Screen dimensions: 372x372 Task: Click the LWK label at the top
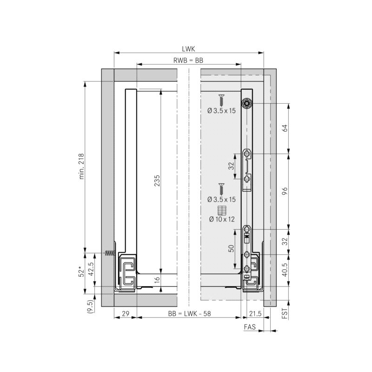tap(188, 49)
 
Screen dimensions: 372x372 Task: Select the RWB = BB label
tap(188, 60)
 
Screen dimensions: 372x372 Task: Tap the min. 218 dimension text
tap(81, 166)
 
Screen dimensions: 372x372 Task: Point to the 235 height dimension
tap(157, 180)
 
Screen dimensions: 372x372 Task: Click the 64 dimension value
tap(285, 128)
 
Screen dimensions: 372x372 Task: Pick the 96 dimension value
tap(285, 191)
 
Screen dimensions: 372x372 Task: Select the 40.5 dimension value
tap(285, 270)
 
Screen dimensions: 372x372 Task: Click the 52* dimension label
tap(81, 272)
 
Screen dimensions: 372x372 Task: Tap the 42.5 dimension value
tap(91, 269)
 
